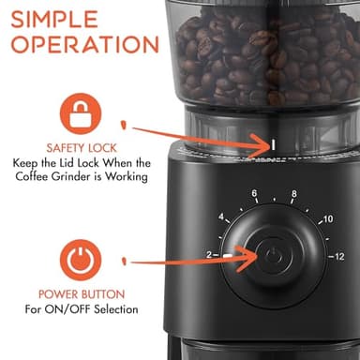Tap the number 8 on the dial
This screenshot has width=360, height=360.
(293, 194)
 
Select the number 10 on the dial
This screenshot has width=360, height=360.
(326, 218)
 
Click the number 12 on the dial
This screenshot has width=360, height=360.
(337, 256)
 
